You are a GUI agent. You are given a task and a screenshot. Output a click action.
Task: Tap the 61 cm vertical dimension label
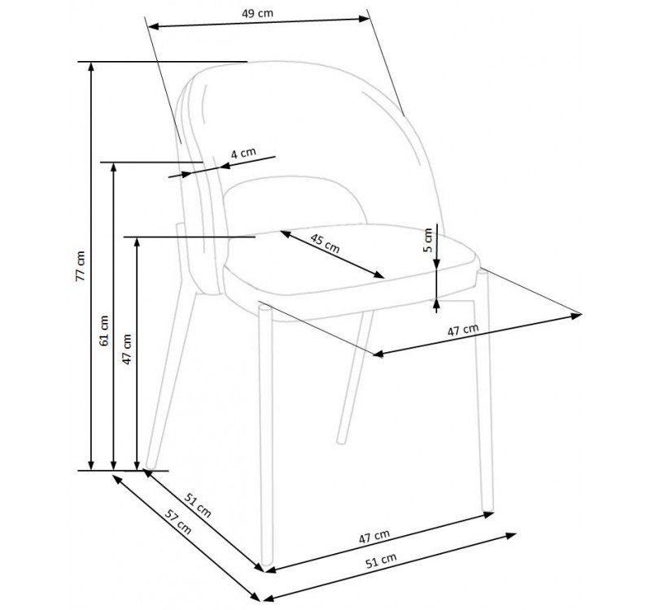click(x=103, y=329)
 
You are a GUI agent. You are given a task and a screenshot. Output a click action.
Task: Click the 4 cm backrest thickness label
click(x=243, y=153)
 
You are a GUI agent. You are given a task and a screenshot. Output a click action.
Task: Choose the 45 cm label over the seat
click(x=325, y=242)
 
